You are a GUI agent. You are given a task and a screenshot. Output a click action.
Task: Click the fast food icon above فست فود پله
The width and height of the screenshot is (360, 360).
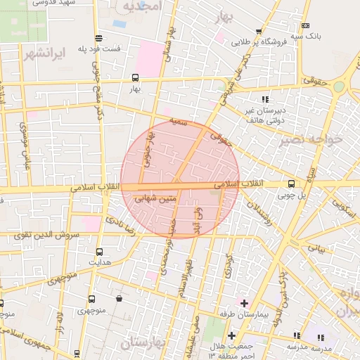click(x=98, y=39)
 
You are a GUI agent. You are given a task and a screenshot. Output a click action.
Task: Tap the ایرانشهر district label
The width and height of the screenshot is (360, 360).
click(x=43, y=53)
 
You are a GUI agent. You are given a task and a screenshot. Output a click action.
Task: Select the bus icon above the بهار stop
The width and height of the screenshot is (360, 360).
click(x=135, y=78)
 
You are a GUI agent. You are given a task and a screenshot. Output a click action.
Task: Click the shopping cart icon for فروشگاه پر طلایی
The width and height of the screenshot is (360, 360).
click(x=259, y=32)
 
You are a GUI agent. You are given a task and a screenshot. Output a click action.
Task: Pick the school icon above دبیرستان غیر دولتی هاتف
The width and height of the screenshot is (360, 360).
click(x=265, y=99)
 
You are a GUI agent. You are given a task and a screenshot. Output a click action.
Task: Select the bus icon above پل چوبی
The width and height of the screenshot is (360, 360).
click(x=291, y=184)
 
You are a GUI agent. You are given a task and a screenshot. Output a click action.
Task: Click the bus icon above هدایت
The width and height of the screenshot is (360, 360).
click(x=98, y=251)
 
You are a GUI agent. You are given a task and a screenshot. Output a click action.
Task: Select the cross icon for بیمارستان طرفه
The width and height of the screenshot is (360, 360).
click(x=244, y=303)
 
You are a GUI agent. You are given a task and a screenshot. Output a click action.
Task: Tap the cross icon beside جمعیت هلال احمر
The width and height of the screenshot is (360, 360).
click(x=231, y=335)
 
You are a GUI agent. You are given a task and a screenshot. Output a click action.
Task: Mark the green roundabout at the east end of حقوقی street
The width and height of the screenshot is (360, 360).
click(x=340, y=86)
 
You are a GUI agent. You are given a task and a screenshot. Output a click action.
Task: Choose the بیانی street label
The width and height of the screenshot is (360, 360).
click(x=319, y=248)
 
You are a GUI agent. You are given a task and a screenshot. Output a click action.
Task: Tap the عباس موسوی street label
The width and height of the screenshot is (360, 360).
click(x=25, y=145)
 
